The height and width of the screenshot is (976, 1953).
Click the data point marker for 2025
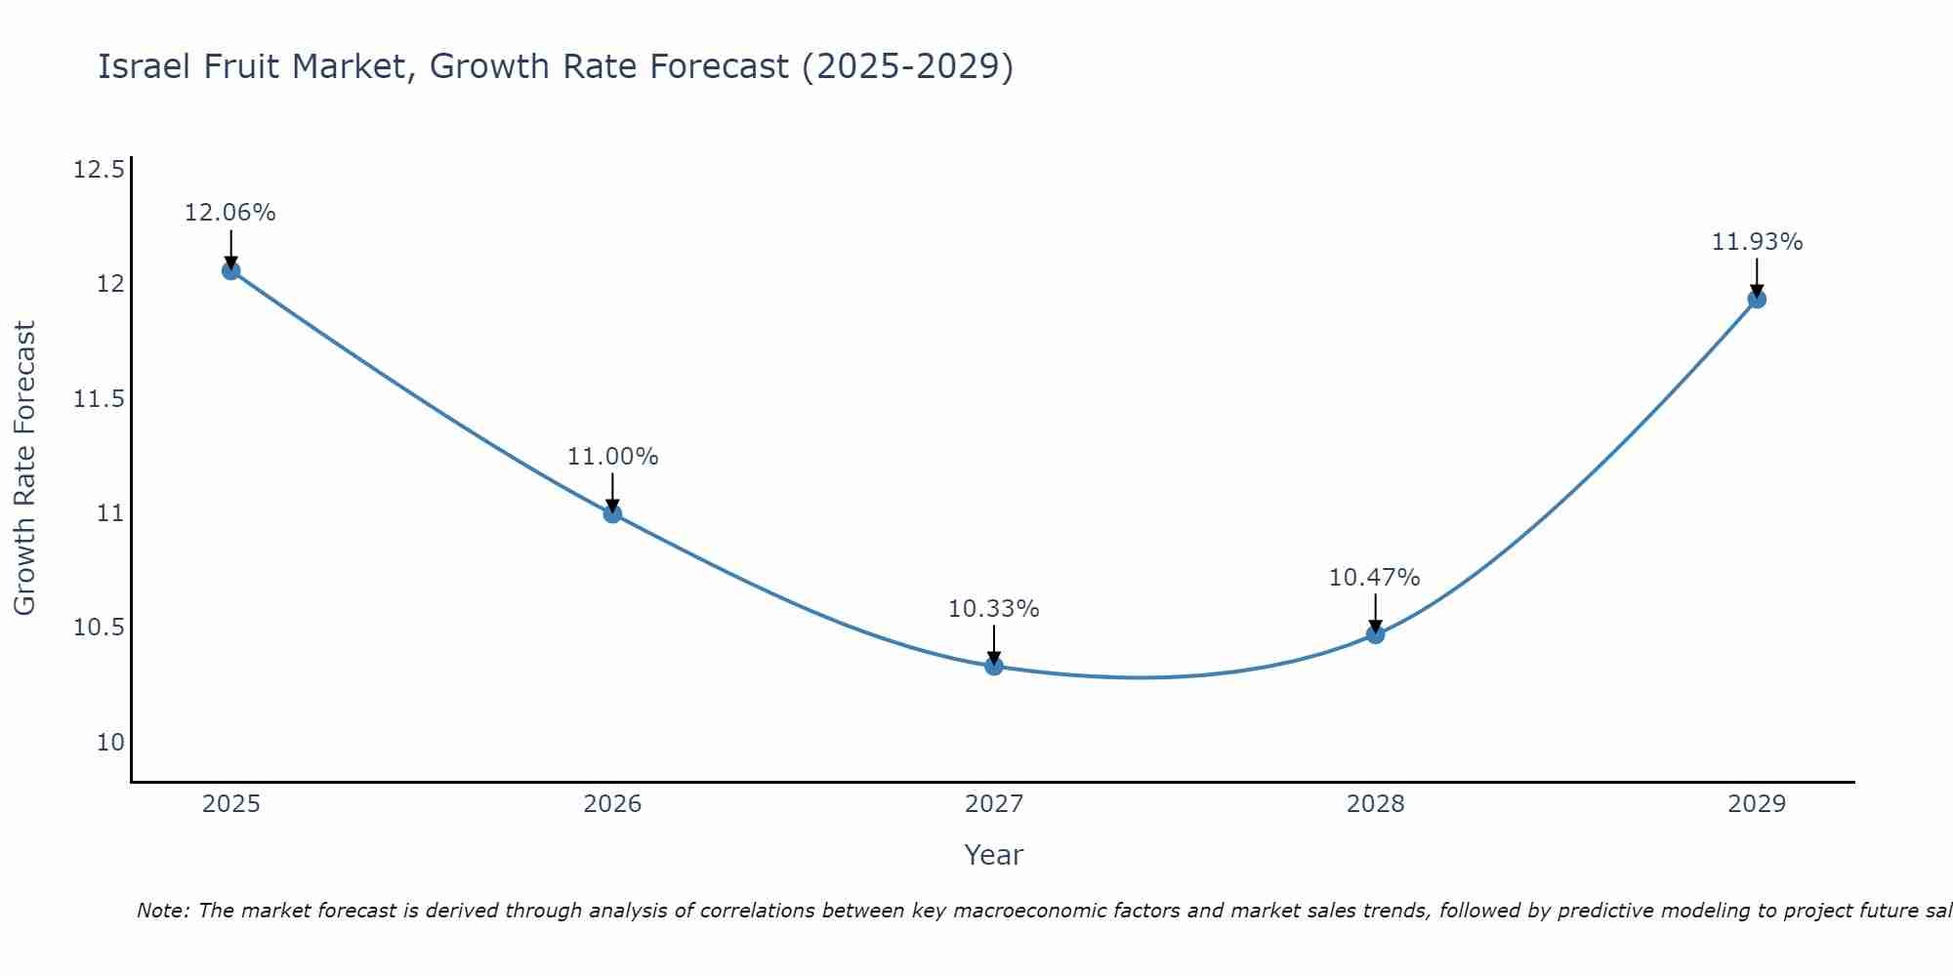coord(231,270)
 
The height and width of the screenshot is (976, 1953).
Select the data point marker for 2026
coord(612,513)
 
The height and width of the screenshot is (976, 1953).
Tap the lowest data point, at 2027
coord(994,667)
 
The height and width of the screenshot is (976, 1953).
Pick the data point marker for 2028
coord(1375,634)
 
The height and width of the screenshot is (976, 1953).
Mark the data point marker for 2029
coord(1757,299)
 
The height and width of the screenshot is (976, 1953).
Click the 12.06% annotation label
coord(230,213)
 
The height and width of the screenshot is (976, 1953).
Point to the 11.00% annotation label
coord(612,457)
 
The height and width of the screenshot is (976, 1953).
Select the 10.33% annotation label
coord(993,609)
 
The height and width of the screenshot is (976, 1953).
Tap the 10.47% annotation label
coord(1374,578)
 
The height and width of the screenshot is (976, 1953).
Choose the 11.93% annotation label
coord(1757,242)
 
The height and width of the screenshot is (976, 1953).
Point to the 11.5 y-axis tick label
coord(99,399)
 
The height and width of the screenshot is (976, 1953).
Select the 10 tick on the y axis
coord(110,743)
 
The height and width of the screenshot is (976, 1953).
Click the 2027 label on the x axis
coord(994,804)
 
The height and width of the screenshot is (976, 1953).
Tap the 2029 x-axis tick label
coord(1757,804)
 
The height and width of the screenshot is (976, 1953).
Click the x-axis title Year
coord(993,856)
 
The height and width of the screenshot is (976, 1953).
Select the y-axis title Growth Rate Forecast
coord(24,468)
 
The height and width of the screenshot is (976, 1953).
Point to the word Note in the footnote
coord(162,911)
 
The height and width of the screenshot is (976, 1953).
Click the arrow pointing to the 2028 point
coord(1375,612)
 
